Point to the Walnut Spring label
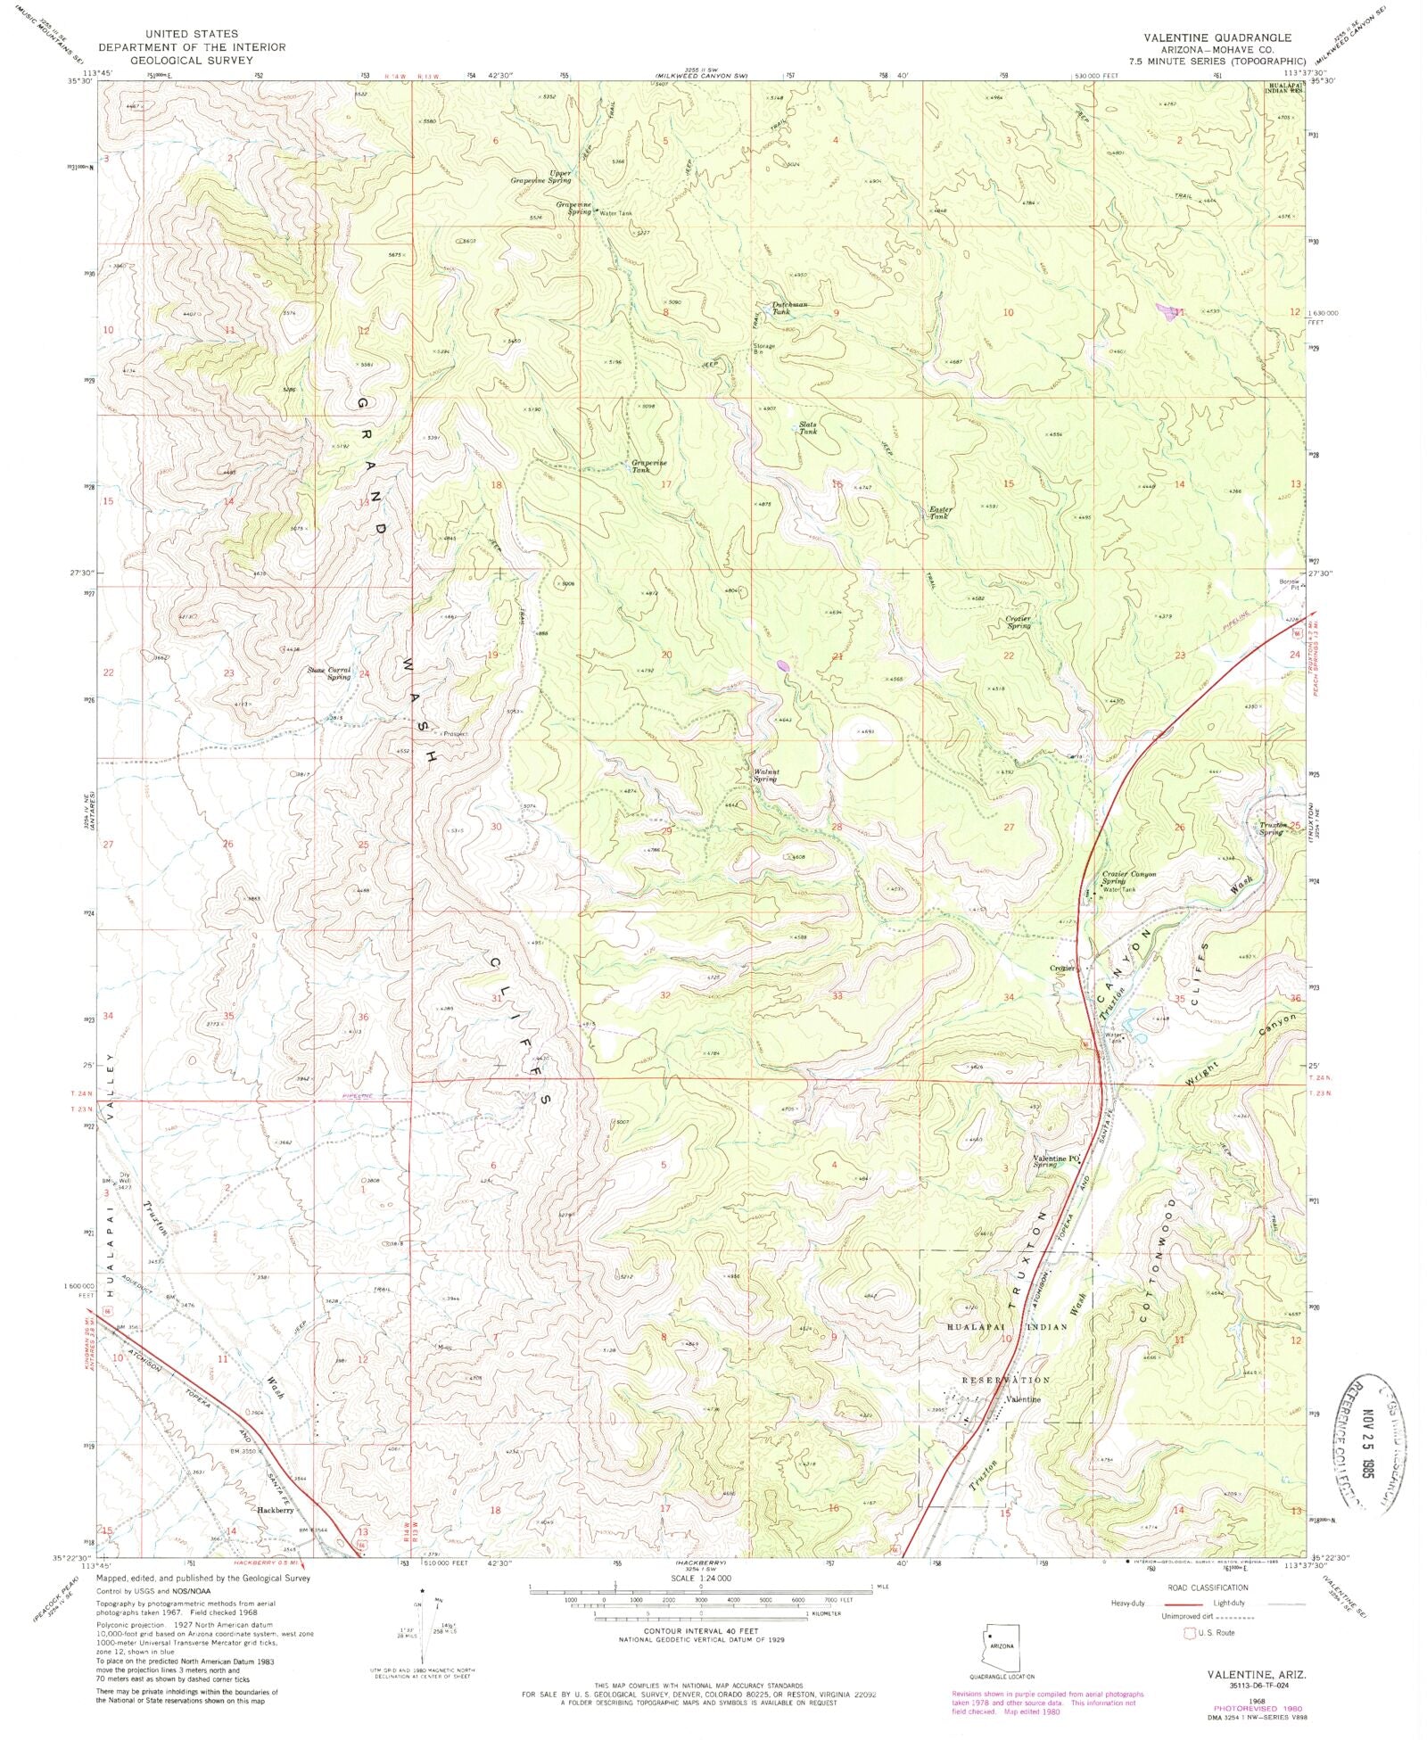[764, 775]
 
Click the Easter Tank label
[941, 513]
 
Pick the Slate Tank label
[808, 428]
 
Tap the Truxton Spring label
[1273, 829]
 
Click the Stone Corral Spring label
[329, 673]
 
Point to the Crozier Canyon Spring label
[1128, 878]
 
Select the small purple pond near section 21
[783, 664]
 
